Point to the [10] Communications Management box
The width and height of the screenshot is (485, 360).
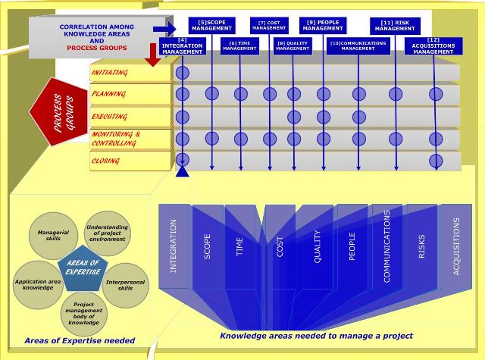[358, 45]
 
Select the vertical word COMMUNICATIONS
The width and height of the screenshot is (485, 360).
[386, 246]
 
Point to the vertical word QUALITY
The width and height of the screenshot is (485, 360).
[318, 247]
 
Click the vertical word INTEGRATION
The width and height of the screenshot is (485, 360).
[174, 246]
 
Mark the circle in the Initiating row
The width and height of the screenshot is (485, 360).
[183, 74]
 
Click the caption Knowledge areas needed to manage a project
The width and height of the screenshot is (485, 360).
[316, 335]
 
